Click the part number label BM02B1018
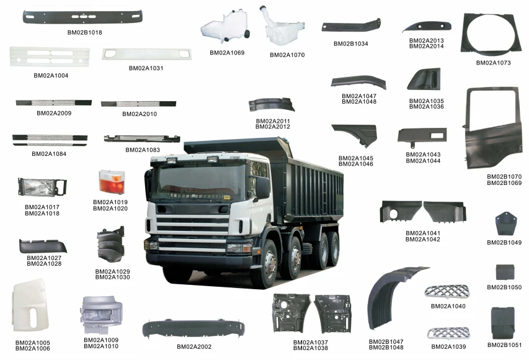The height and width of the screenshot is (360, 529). tap(85, 32)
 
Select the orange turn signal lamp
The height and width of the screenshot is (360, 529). tap(112, 182)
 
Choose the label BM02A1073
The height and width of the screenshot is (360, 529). tap(494, 63)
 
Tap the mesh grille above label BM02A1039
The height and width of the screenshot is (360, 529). tap(448, 333)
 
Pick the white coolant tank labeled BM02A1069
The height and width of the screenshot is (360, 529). tap(223, 29)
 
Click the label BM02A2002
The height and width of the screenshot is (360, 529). tap(193, 346)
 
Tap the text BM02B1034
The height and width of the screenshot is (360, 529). tap(350, 44)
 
